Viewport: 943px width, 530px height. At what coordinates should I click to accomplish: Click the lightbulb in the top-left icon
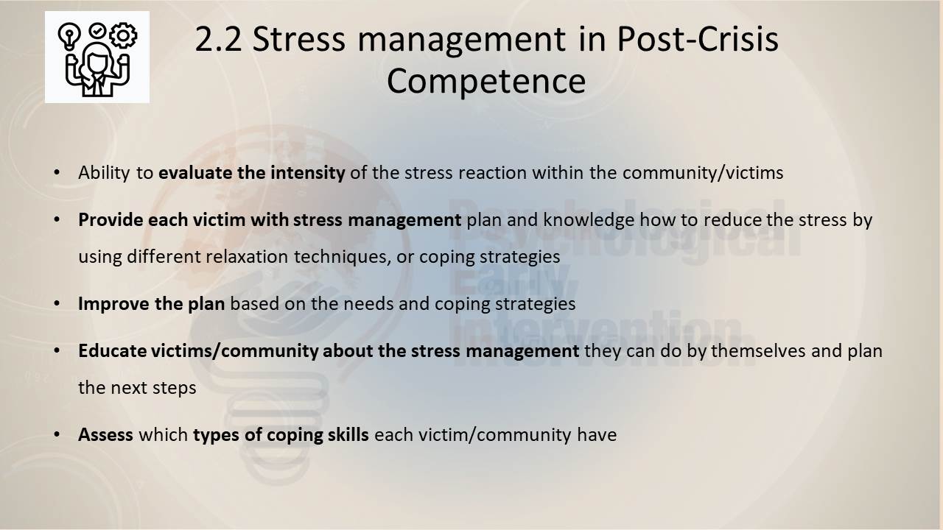point(69,37)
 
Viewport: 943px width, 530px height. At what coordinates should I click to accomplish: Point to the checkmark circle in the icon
point(97,30)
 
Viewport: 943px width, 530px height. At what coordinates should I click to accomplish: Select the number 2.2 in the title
point(219,40)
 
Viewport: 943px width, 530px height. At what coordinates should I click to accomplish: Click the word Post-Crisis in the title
point(698,40)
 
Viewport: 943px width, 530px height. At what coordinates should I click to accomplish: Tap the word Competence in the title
point(486,81)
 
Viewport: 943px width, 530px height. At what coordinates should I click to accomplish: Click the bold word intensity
point(308,172)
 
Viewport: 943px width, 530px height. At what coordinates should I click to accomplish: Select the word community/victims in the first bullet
point(703,173)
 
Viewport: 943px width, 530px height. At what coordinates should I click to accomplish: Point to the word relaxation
point(247,257)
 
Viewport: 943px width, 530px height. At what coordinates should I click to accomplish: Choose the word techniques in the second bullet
point(343,257)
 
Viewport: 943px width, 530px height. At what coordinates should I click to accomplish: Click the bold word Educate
point(113,351)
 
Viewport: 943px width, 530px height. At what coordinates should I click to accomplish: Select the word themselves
point(759,351)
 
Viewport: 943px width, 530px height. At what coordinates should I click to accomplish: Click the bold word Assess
point(105,435)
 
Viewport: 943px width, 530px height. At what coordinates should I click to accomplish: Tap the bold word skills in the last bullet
point(348,434)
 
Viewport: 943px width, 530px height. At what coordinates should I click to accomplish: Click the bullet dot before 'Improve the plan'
point(57,303)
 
